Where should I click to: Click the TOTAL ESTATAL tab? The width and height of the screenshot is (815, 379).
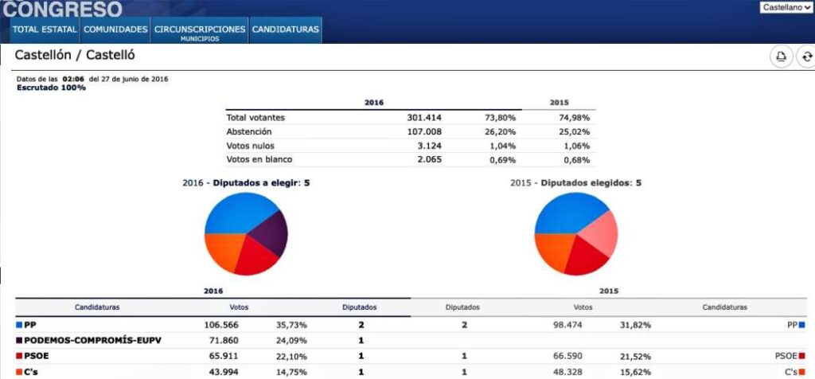[x=45, y=30]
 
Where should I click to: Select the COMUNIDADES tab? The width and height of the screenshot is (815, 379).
[x=115, y=30]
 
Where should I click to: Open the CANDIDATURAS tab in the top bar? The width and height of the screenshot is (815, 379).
[x=285, y=30]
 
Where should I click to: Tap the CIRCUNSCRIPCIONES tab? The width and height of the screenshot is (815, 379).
[x=200, y=30]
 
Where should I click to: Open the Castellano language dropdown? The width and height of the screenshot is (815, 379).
[x=786, y=7]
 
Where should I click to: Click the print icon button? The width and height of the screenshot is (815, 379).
[x=781, y=57]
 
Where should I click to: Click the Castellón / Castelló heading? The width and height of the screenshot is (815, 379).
[x=75, y=56]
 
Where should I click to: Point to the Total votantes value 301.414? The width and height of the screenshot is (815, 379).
[x=423, y=118]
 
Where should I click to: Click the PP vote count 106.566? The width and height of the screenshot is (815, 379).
[x=221, y=325]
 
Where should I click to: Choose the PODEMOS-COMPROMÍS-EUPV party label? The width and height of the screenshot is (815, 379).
[x=92, y=340]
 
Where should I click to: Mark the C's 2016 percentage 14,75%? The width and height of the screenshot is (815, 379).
[x=291, y=372]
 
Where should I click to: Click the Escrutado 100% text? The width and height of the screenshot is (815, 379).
[x=51, y=88]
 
